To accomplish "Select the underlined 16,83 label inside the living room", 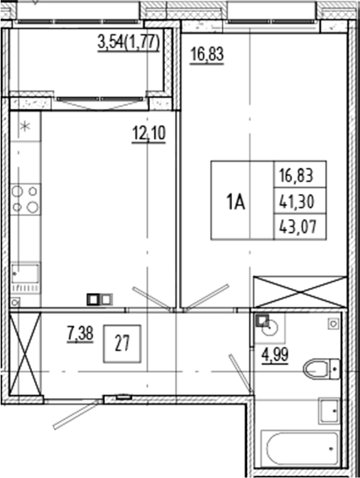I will click(206, 55).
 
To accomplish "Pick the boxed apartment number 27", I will click(123, 343).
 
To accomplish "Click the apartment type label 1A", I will click(235, 201).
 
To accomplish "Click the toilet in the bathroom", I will click(324, 367).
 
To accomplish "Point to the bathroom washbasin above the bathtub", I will click(328, 408).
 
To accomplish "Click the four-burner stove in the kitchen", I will click(24, 199).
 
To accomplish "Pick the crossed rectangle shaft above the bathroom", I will click(299, 292).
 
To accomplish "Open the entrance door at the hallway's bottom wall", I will click(74, 412).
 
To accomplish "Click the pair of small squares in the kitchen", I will click(98, 299).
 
